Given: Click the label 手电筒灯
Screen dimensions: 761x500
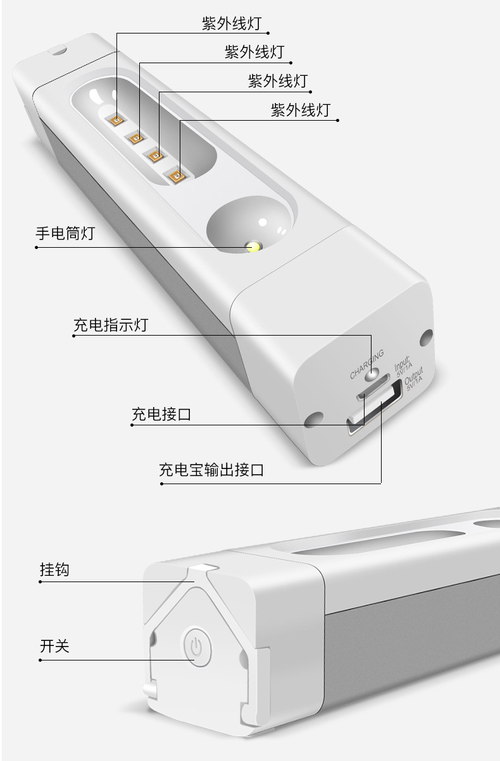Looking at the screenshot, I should click(x=65, y=233).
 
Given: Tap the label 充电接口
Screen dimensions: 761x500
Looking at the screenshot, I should click(x=161, y=415).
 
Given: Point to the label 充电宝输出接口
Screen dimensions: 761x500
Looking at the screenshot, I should click(x=211, y=470).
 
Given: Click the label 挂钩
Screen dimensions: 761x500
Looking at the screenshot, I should click(x=54, y=569).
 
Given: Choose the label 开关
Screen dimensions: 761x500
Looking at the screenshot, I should click(x=54, y=647).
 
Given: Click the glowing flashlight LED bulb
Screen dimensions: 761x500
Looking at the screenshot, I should click(x=253, y=247).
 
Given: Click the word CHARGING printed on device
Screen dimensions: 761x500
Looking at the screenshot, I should click(x=366, y=363).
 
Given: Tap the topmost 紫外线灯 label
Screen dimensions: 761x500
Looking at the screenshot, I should click(x=231, y=24).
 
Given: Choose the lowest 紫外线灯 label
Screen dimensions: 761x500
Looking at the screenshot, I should click(x=300, y=110).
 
